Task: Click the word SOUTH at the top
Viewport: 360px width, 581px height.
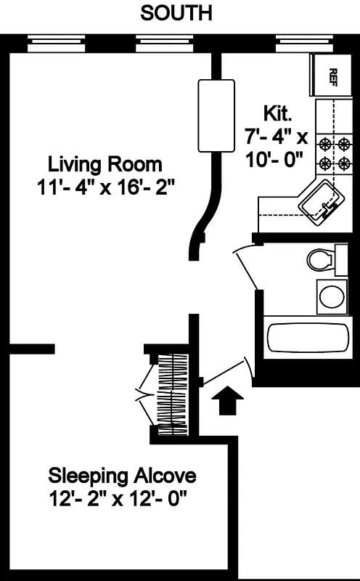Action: (177, 13)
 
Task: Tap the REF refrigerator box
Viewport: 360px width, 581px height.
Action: (331, 76)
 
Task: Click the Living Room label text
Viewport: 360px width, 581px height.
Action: (105, 163)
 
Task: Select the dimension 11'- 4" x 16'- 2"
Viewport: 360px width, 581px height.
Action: (109, 187)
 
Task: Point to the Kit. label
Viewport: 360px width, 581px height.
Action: (277, 113)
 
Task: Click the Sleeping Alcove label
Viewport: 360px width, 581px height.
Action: (122, 477)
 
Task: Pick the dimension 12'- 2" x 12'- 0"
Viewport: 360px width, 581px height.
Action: (121, 500)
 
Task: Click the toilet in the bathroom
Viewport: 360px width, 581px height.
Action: (321, 259)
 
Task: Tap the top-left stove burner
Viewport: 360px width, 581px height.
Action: (324, 142)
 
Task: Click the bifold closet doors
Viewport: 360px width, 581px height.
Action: (145, 397)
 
